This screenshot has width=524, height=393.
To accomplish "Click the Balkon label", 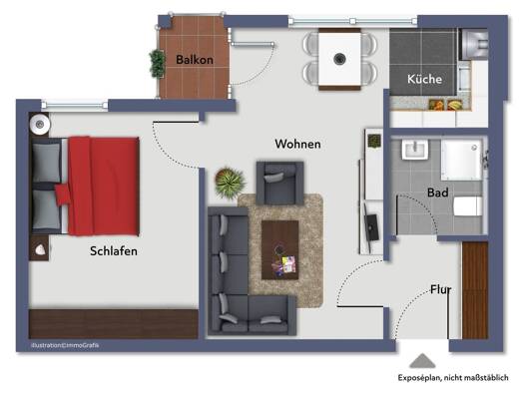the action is coord(195,60).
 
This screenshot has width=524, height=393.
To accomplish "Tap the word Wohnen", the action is coord(297,144).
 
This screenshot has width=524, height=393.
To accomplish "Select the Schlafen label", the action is coord(114,251).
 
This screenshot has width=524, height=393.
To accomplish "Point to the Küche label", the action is coord(424,79).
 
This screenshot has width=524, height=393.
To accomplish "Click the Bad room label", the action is coord(438,193).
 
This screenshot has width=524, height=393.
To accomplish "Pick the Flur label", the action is coord(440,289).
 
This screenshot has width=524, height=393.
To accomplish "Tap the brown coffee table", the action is coord(280,249).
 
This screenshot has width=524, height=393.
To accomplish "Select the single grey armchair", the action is coord(280,183).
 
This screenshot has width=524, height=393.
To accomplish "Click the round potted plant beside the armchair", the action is coord(230,183).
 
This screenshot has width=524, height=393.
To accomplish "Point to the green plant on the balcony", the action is coord(157,64).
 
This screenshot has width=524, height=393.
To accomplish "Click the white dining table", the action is coord(339,59).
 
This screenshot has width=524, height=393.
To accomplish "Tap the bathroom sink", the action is coord(415,150).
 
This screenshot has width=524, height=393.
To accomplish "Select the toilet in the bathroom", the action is coord(467,206).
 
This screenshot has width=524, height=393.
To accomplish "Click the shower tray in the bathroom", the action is coord(461,161).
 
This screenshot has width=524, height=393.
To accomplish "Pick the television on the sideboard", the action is coord(371,227).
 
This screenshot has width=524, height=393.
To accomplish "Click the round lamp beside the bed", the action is coord(40,125).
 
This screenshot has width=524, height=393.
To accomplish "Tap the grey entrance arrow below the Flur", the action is coord(422,361).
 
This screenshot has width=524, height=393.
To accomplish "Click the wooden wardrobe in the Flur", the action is coord(475,290).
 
